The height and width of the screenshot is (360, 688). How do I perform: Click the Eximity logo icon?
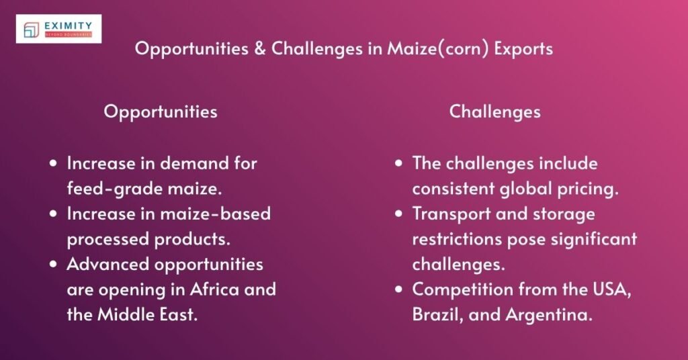(31, 30)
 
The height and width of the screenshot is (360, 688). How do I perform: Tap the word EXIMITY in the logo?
(68, 26)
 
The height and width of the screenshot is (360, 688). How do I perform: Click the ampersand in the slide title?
(260, 48)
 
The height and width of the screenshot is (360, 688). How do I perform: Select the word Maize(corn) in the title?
(437, 48)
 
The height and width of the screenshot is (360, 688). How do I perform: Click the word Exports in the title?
(523, 49)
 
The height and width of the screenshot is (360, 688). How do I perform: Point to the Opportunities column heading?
(161, 111)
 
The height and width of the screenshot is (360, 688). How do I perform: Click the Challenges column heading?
(495, 111)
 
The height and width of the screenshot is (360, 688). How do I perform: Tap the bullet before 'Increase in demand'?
(54, 164)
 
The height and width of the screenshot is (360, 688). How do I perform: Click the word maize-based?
(216, 214)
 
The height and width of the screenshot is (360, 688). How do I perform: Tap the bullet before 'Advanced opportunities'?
(54, 265)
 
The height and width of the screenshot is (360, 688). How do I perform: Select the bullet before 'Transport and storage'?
(399, 214)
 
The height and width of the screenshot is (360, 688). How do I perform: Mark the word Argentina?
(549, 315)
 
